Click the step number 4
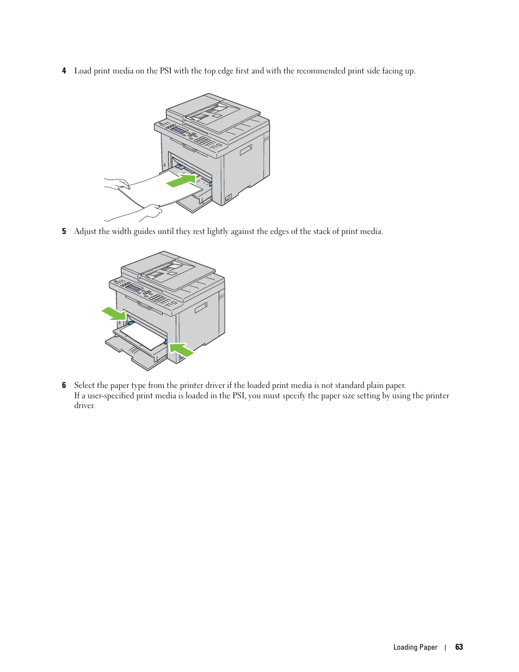[x=64, y=71]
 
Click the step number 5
[x=64, y=232]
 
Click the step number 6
[x=64, y=385]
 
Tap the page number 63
[x=459, y=647]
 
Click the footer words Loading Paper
[x=415, y=648]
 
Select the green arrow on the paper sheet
[x=181, y=180]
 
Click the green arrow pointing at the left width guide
[x=114, y=313]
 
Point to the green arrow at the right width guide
[x=181, y=349]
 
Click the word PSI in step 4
[x=165, y=71]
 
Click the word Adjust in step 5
[x=85, y=232]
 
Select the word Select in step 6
[x=84, y=385]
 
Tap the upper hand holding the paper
[x=118, y=183]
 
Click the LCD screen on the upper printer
[x=179, y=130]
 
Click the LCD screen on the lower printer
[x=134, y=288]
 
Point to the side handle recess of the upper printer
[x=246, y=150]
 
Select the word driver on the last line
[x=84, y=406]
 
